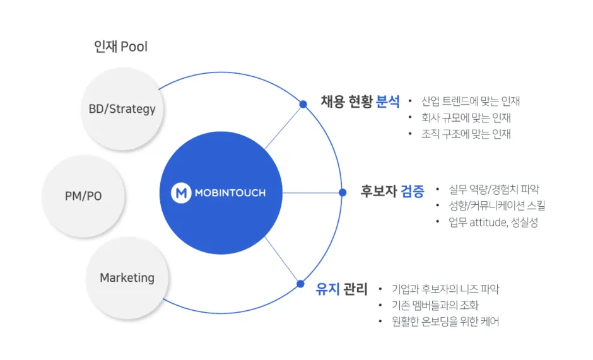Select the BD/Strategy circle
pos(122,109)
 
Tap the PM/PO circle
pos(83,196)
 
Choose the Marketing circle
pos(127,278)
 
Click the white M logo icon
pos(182,193)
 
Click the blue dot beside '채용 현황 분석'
pos(303,104)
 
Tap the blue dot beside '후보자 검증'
pos(343,192)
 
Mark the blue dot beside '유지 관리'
pos(300,284)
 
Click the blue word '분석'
pos(388,102)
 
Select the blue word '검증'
pos(413,191)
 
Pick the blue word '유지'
pos(328,290)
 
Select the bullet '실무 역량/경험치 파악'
pos(494,189)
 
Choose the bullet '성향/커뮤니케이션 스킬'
pos(497,206)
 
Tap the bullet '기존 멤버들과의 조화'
pos(435,305)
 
